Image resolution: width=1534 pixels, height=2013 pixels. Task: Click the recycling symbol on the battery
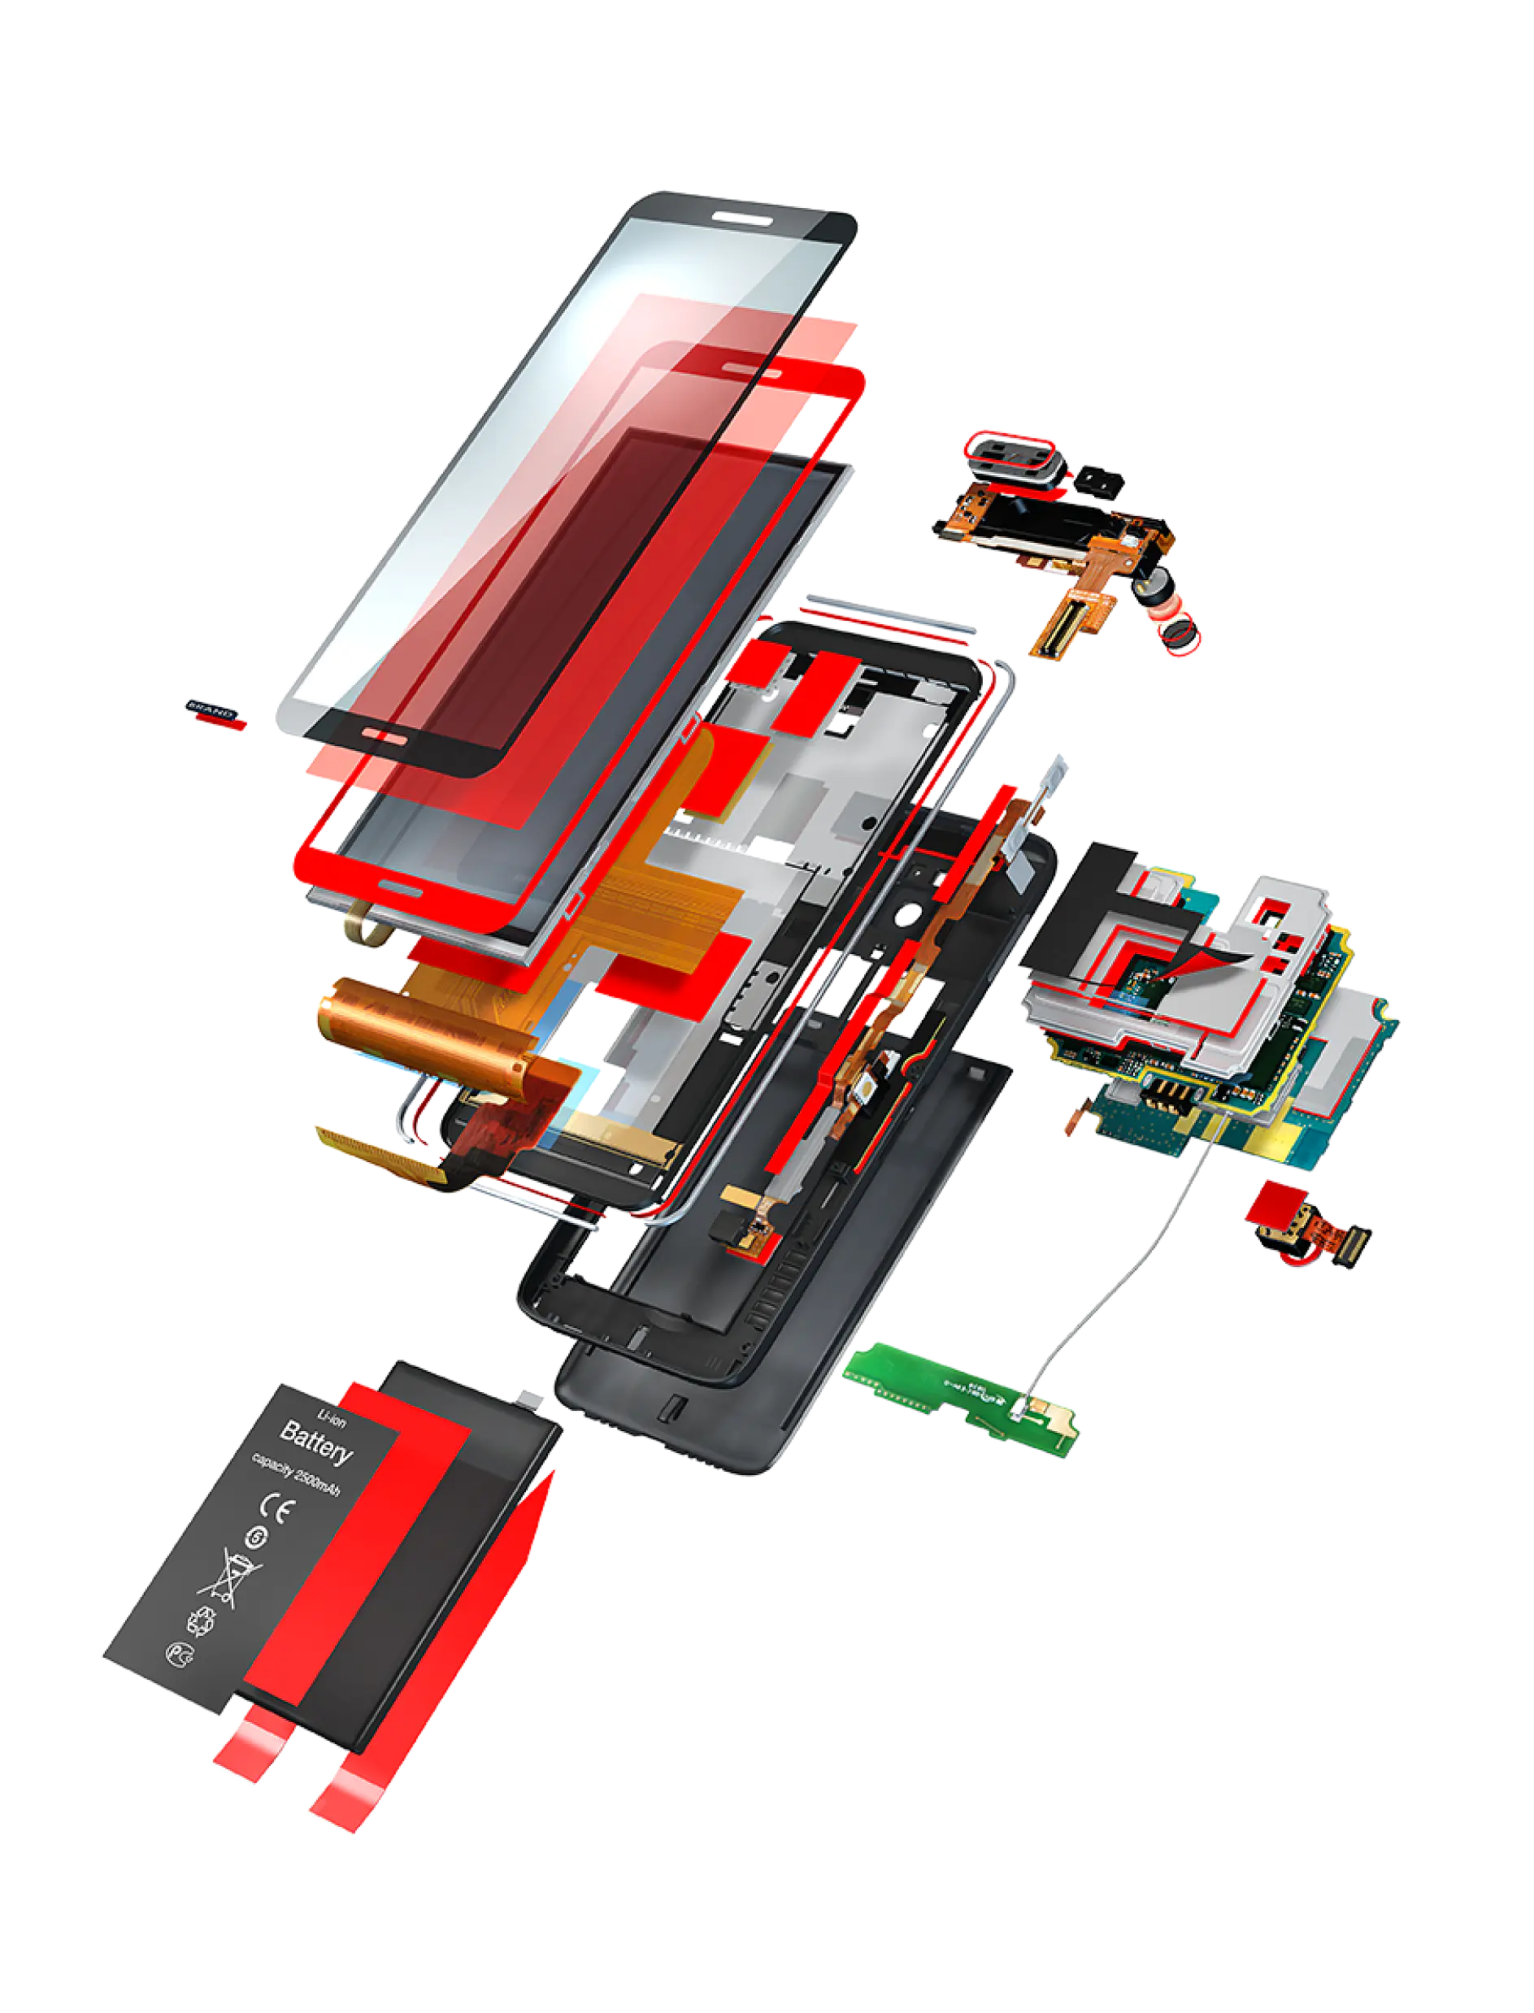point(201,1621)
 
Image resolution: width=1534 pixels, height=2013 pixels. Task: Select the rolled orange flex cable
point(420,1031)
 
